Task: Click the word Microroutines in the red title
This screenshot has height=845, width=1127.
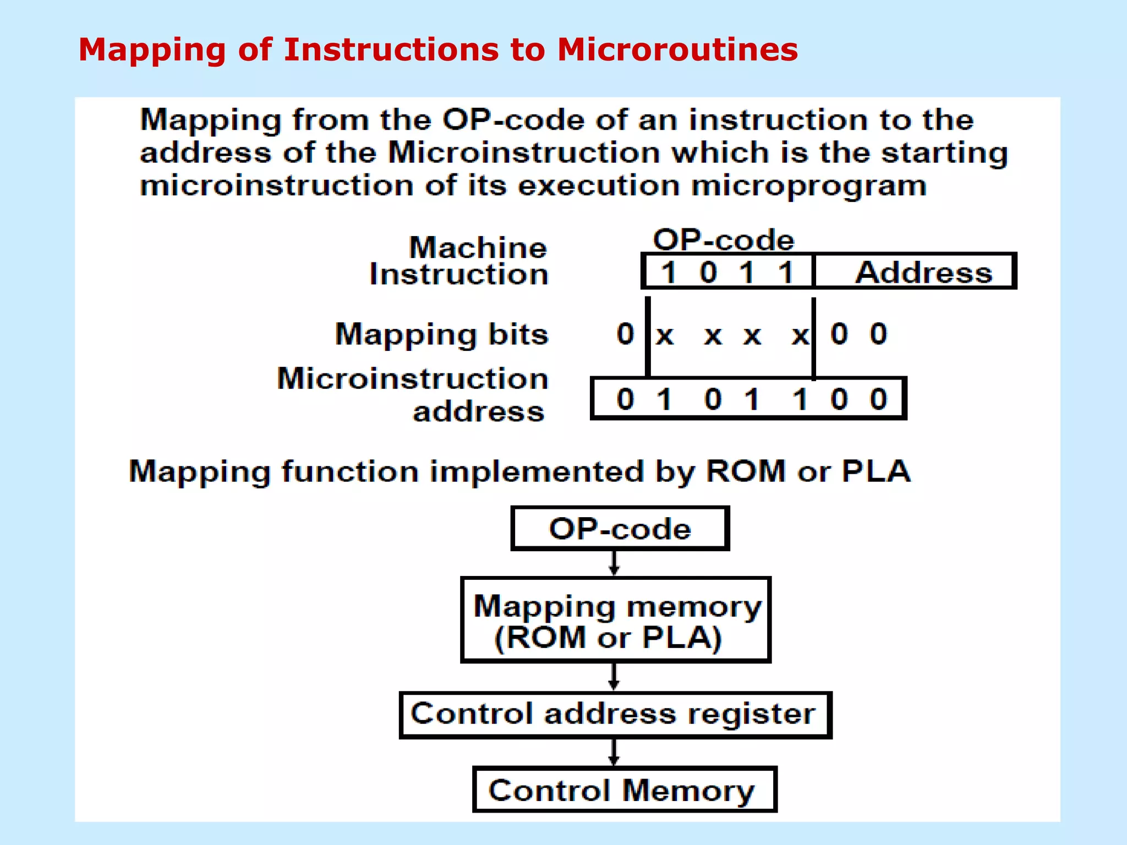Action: coord(677,50)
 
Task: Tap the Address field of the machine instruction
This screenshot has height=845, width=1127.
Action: coord(923,272)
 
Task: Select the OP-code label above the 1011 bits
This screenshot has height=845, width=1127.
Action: coord(723,240)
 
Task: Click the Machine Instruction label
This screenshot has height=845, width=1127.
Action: coord(459,261)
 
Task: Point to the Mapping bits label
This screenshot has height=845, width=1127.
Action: coord(442,334)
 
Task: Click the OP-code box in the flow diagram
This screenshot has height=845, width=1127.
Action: coord(620,529)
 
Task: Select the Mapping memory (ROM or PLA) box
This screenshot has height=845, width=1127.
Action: coord(616,621)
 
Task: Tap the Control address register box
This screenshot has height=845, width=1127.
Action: coord(615,714)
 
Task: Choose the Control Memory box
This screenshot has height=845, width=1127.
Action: coord(625,790)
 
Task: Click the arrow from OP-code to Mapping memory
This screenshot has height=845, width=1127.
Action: coord(614,564)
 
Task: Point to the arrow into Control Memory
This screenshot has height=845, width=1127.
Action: coord(614,753)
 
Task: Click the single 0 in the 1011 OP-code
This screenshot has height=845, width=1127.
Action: coord(708,272)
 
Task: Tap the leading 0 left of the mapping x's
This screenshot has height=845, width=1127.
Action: coord(625,334)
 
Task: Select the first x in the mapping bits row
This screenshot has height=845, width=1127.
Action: coord(665,335)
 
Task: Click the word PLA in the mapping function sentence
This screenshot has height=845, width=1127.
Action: coord(876,471)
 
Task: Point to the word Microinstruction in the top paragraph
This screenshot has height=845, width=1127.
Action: coord(524,152)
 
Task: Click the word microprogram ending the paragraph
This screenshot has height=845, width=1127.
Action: coord(809,186)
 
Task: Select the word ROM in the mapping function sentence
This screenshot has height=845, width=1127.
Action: coord(746,471)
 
